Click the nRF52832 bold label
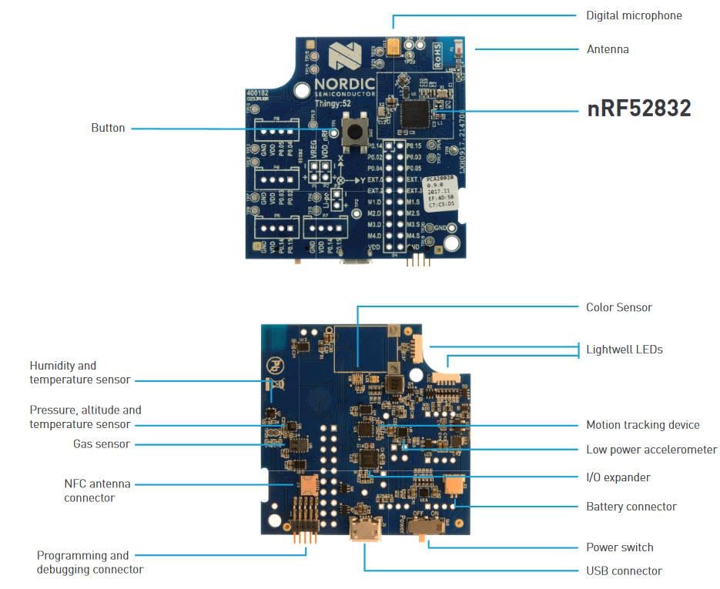(x=638, y=109)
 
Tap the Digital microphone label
(x=633, y=15)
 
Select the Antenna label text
(x=607, y=49)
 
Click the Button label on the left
(x=108, y=128)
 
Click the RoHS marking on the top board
(x=437, y=52)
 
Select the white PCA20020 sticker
(x=440, y=192)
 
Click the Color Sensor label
(x=618, y=307)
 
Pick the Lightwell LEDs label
(x=624, y=350)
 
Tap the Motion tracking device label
(x=642, y=425)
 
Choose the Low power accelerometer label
(x=651, y=450)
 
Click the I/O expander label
(x=618, y=477)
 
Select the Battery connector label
(x=631, y=507)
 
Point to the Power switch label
(x=619, y=547)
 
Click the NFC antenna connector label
(x=97, y=491)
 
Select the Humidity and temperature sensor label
(x=79, y=373)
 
